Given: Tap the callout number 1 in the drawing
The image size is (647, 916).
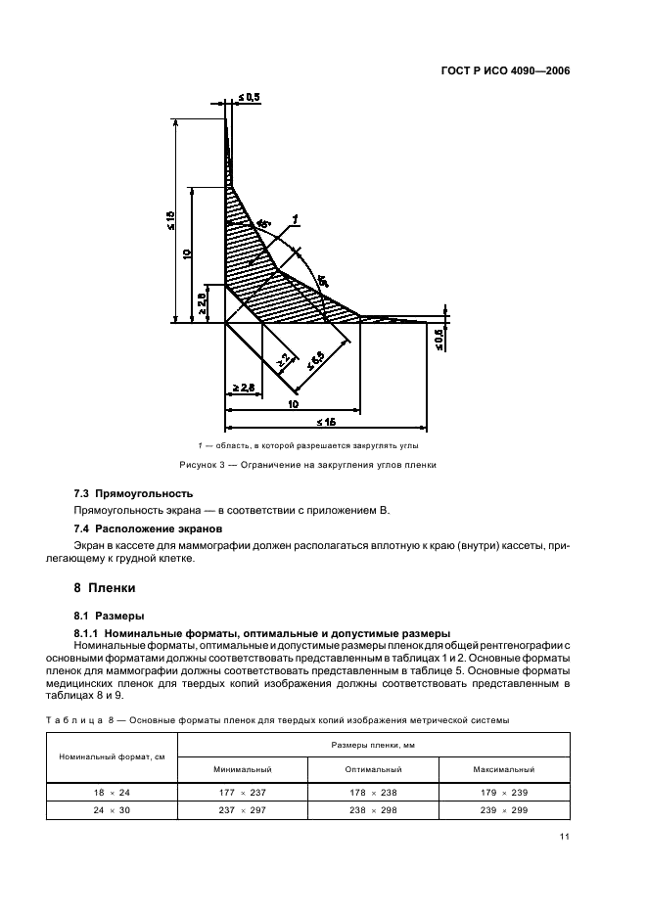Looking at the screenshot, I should click(295, 219).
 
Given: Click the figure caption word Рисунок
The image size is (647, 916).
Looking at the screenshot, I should click(200, 465).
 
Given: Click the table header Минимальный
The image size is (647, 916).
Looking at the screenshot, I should click(241, 769).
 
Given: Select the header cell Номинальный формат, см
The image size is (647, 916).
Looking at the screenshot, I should click(112, 756).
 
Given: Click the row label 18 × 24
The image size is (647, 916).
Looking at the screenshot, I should click(112, 792).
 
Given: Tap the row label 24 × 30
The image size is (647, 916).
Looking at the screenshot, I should click(112, 809).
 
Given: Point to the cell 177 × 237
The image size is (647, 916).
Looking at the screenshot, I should click(241, 792).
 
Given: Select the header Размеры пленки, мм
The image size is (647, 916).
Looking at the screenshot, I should click(373, 745).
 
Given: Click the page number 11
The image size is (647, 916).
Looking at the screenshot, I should click(565, 837).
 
